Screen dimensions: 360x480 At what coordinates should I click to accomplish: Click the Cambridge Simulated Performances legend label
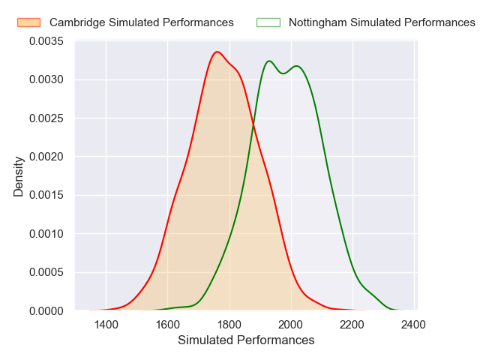coord(142,22)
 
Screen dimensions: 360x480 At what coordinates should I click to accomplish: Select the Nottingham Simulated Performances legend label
coord(382,22)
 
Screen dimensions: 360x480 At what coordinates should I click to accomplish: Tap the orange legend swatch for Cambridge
coord(28,22)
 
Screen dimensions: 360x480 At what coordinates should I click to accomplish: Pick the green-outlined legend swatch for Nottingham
coord(268,22)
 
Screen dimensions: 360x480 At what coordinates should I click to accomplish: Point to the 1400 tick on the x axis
coord(106,325)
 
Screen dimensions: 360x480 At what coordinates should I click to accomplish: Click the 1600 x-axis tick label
coord(167,325)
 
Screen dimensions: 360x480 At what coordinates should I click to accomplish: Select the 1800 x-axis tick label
coord(229,325)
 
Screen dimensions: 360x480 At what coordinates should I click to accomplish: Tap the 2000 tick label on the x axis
coord(290,325)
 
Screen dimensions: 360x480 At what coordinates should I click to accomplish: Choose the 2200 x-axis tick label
coord(352,325)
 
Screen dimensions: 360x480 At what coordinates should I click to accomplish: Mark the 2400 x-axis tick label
coord(413,325)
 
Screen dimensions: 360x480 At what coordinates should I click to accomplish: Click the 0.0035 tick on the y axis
coord(46,41)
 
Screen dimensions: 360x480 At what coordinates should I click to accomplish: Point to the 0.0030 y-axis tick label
coord(46,79)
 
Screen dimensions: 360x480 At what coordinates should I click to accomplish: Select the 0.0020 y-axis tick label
coord(46,157)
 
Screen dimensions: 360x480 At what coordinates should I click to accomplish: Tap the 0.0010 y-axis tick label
coord(46,234)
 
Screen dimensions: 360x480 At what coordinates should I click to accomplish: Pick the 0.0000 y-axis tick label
coord(46,310)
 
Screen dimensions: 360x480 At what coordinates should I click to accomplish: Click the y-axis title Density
coord(19,176)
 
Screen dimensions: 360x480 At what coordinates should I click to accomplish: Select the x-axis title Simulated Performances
coord(246,340)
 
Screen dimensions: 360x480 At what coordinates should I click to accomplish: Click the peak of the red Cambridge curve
coord(217,52)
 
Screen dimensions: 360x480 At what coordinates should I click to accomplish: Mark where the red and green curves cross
coord(253,125)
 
